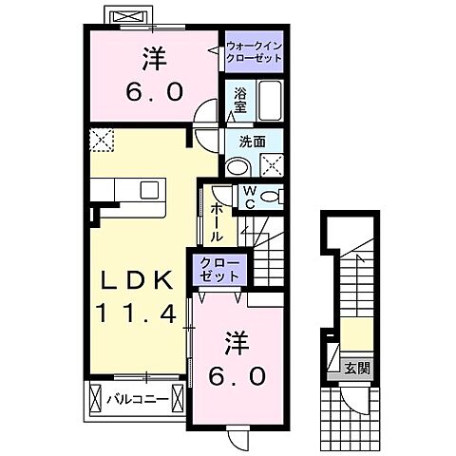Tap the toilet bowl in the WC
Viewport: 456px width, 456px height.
point(271,198)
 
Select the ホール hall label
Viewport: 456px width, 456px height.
point(218,222)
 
